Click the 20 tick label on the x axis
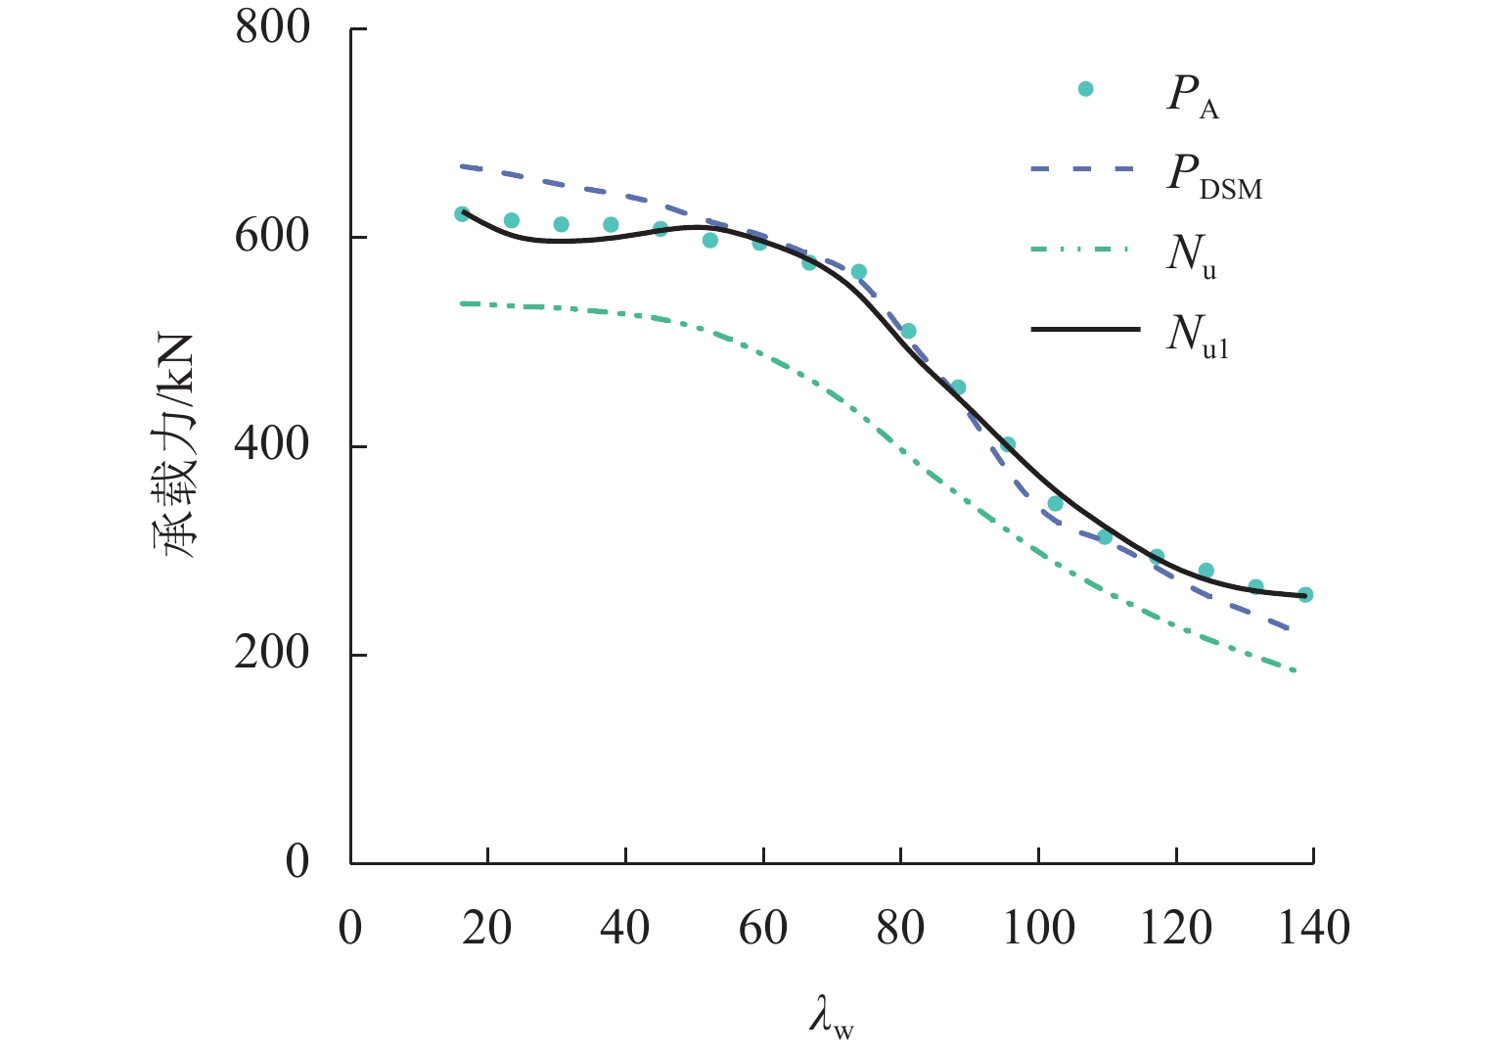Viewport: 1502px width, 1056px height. [487, 927]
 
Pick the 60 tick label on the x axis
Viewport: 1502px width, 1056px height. [762, 927]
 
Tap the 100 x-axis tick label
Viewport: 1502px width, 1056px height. [1038, 927]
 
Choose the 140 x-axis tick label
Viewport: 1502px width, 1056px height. [1313, 927]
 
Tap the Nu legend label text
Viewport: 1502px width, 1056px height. [1191, 257]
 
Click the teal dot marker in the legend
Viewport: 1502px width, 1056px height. [1085, 89]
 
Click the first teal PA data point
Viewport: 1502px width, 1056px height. [462, 213]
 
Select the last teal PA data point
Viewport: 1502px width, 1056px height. [1305, 594]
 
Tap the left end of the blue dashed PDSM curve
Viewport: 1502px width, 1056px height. [462, 166]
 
